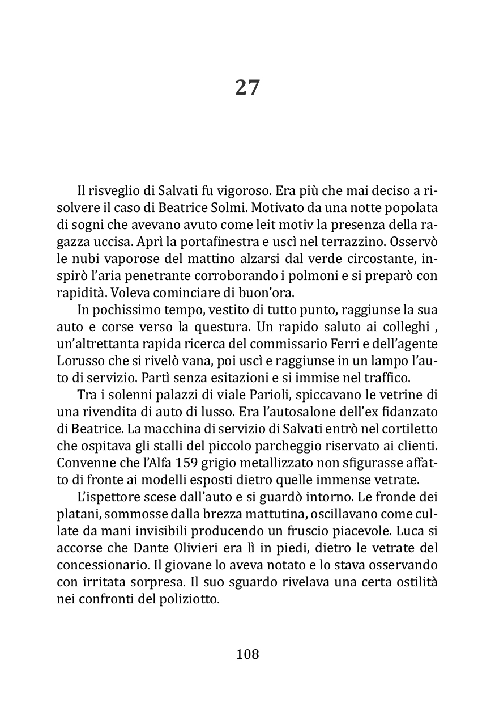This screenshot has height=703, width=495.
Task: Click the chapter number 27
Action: (247, 88)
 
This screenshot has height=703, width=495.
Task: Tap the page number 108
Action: (247, 654)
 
